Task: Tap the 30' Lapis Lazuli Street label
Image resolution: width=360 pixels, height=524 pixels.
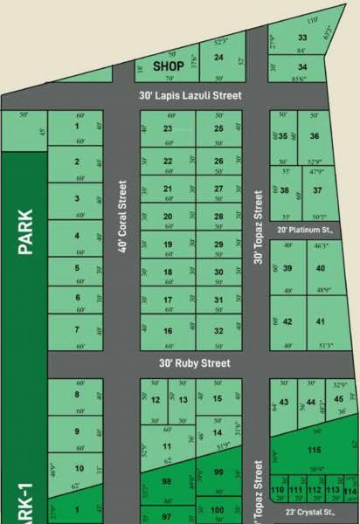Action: pos(190,95)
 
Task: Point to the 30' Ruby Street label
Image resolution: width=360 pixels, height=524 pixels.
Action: pos(195,362)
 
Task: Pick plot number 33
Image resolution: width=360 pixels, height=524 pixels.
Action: pos(302,38)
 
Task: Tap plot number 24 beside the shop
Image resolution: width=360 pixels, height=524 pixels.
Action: pos(218,58)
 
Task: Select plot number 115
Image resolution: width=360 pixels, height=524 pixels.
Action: pos(315,450)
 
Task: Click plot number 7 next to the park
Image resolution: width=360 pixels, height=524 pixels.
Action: pos(77,329)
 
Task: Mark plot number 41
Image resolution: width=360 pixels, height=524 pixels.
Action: pos(321,321)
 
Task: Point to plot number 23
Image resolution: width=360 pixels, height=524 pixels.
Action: pos(168,128)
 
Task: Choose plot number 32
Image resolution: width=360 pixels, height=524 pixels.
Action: pos(218,330)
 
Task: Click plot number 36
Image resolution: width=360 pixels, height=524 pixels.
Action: pos(315,136)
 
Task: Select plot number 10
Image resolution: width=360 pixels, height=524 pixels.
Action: pos(79,468)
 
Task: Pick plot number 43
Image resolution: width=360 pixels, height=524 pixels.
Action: pos(283,403)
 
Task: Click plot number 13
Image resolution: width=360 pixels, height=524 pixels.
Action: pos(183,399)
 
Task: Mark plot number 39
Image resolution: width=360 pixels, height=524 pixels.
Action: pos(287,268)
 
